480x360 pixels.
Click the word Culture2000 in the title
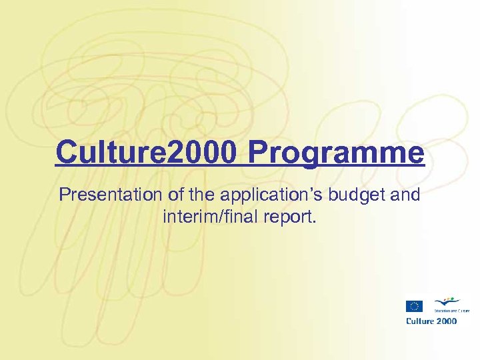[145, 152]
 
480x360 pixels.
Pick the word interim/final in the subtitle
[210, 217]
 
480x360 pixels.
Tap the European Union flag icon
[414, 306]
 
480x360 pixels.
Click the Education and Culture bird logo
[446, 303]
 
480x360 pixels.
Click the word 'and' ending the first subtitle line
[407, 195]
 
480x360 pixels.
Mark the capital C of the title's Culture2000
[64, 152]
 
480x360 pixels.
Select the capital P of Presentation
[65, 195]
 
